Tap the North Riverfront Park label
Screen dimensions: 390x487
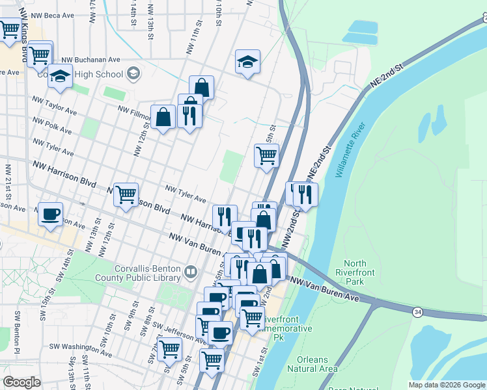click(x=360, y=273)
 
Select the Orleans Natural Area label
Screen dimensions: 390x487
click(x=317, y=364)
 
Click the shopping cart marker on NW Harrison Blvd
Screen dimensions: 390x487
click(x=126, y=194)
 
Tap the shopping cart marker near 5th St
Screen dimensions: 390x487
click(x=266, y=155)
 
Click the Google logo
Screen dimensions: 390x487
click(x=22, y=382)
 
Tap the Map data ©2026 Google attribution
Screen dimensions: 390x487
click(x=447, y=385)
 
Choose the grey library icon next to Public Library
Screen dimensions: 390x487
click(x=191, y=271)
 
